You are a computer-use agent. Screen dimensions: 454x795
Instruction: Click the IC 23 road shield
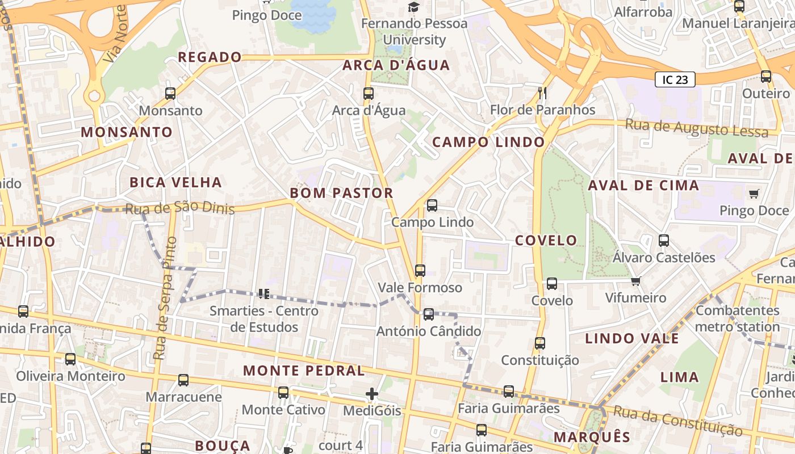(x=675, y=79)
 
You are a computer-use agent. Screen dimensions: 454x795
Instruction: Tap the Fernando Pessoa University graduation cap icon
(x=413, y=7)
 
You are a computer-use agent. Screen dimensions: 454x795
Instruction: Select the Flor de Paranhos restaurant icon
(x=542, y=93)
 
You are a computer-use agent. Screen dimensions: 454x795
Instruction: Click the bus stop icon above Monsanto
(x=170, y=94)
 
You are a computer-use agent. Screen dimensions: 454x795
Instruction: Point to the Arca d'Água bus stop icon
(x=369, y=94)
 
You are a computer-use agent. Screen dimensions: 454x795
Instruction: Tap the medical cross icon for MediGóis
(x=372, y=393)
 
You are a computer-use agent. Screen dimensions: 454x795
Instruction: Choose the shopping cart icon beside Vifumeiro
(x=636, y=281)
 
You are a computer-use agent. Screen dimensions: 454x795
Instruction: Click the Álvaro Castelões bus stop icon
(x=664, y=241)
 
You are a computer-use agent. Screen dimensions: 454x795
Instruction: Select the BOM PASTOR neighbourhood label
(x=341, y=193)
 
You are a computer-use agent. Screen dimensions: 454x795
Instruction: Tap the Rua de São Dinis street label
(x=179, y=208)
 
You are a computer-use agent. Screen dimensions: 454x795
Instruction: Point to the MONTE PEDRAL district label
(x=304, y=371)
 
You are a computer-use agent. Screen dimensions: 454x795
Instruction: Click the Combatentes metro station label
(x=737, y=318)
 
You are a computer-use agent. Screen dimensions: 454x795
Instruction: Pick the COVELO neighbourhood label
(x=546, y=240)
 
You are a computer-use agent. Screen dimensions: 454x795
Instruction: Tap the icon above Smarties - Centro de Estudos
(x=263, y=293)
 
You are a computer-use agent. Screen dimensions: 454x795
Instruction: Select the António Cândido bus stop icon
(x=429, y=314)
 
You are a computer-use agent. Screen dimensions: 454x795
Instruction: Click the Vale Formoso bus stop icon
(x=420, y=271)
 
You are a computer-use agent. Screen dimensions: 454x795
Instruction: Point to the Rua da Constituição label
(x=677, y=421)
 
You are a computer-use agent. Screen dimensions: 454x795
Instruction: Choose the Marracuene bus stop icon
(x=183, y=380)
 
